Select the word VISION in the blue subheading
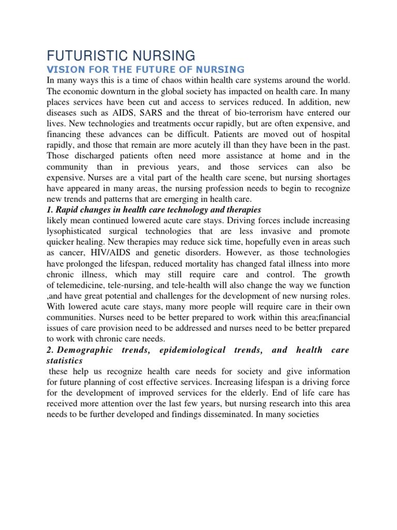tap(63, 69)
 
